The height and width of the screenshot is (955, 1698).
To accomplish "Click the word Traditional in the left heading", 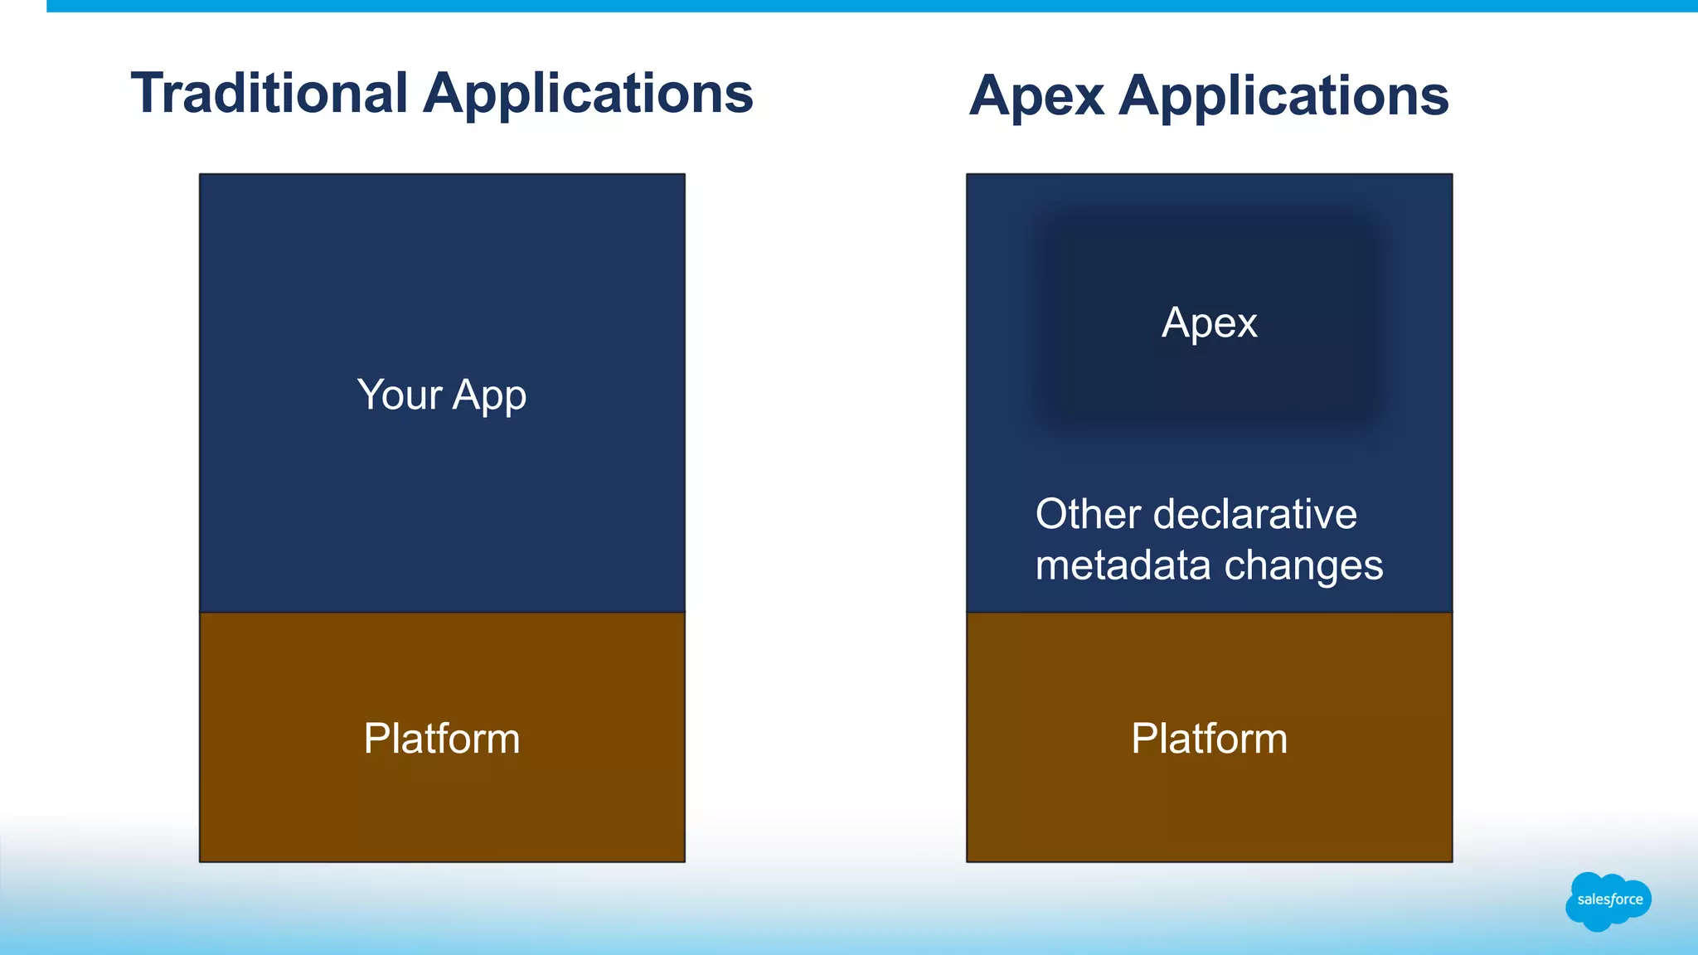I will click(269, 93).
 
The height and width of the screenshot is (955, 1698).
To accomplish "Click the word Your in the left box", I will click(399, 395).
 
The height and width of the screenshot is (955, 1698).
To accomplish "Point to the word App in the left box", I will click(489, 396).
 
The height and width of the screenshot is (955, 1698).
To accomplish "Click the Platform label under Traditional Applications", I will click(442, 738).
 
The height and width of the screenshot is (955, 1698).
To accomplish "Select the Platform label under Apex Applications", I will click(1209, 738).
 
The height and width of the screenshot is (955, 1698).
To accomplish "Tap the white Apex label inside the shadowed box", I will click(1209, 322).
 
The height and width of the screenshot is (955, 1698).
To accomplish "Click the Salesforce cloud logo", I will click(1608, 900).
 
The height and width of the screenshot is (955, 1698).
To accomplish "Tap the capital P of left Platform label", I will click(376, 738).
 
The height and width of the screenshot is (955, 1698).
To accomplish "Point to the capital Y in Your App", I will click(370, 395).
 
